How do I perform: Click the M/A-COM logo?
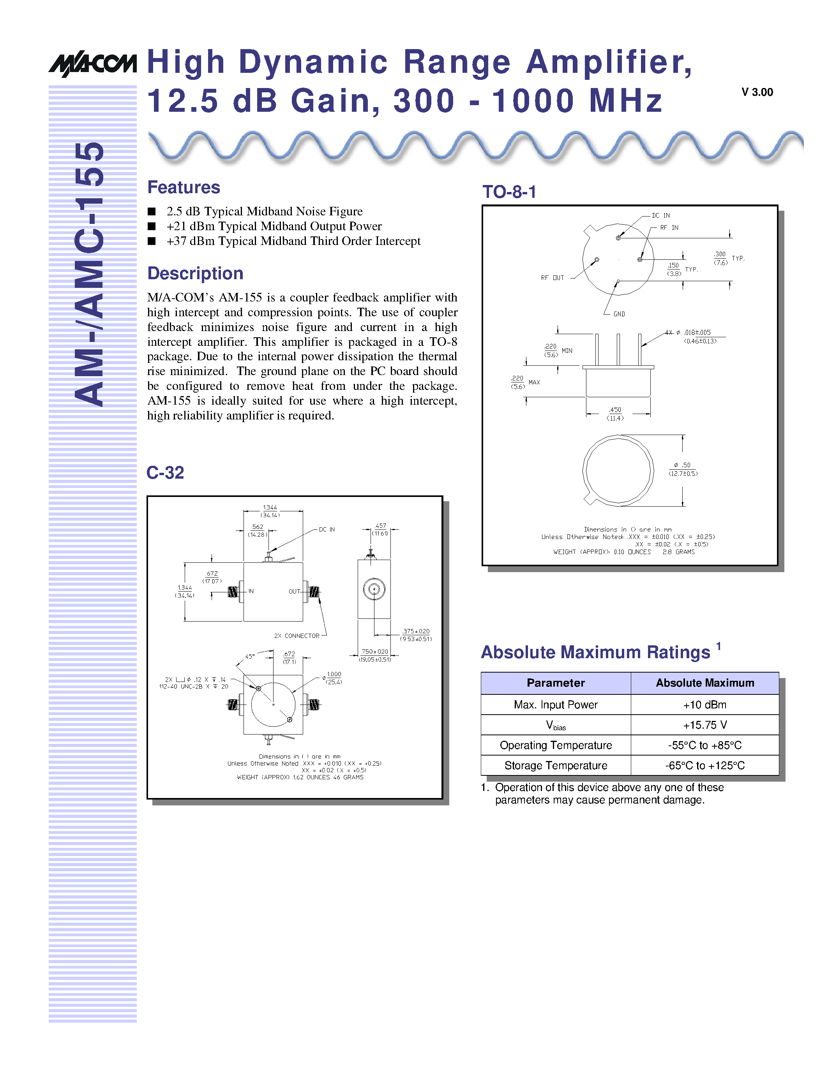[x=92, y=64]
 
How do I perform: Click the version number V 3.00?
[x=757, y=92]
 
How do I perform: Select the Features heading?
[x=184, y=187]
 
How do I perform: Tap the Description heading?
[x=195, y=273]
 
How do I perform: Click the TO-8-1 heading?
[x=509, y=192]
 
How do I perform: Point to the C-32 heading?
[x=165, y=472]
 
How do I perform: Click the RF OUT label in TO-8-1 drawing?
[x=553, y=278]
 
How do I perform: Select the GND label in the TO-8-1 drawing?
[x=619, y=314]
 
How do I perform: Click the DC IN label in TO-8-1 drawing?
[x=661, y=215]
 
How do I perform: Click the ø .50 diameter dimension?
[x=682, y=469]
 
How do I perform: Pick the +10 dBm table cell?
[x=704, y=705]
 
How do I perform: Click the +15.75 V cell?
[x=704, y=725]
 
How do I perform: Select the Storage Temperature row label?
[x=555, y=766]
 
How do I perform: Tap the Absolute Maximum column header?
[x=704, y=683]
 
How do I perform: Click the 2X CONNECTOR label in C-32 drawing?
[x=297, y=636]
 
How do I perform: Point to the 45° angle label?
[x=250, y=656]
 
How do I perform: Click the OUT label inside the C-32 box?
[x=294, y=592]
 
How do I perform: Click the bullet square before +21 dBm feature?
[x=152, y=226]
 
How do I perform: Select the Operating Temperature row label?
[x=555, y=745]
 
